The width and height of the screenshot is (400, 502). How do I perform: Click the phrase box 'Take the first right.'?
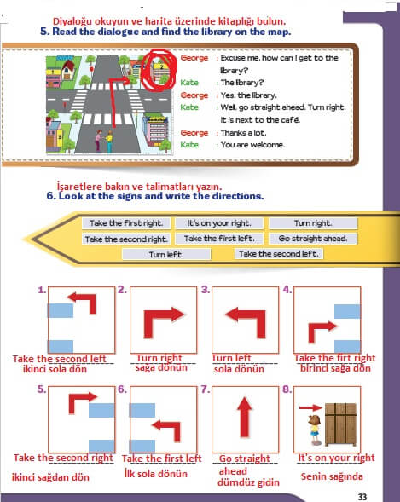126,223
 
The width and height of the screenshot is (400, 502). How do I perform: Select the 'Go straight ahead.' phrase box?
313,239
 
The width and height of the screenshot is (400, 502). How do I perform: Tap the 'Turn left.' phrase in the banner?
166,255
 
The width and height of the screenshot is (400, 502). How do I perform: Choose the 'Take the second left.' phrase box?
279,254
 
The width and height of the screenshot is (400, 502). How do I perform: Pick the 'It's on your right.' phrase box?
219,223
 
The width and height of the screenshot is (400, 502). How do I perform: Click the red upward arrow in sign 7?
245,417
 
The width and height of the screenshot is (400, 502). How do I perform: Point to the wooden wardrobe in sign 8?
340,424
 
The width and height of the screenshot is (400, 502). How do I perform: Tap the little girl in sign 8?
315,430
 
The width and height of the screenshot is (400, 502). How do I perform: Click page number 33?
362,497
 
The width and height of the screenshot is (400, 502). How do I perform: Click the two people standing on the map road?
104,141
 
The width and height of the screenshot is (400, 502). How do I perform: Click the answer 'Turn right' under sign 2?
159,358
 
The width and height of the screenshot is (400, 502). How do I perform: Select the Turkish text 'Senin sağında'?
332,476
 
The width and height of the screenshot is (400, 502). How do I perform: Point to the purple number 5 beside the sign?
41,389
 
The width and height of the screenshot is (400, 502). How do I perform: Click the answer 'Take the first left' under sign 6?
162,459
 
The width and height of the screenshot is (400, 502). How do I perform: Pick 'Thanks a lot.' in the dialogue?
243,133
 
